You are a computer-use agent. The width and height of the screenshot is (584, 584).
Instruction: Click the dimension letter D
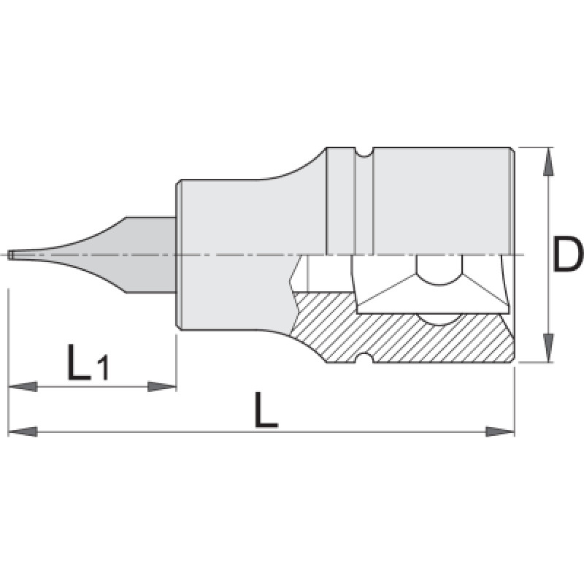[x=568, y=255]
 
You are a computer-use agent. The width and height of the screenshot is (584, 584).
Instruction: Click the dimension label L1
[x=88, y=362]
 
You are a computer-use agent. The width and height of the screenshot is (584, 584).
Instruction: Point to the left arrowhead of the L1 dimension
[x=23, y=386]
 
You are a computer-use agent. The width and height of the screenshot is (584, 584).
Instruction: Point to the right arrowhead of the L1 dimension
[x=162, y=386]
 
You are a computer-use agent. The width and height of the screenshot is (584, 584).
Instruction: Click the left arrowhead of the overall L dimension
[x=23, y=431]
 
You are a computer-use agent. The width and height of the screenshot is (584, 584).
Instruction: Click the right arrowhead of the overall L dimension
[x=500, y=431]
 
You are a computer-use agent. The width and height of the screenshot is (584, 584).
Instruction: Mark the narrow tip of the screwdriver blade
[x=10, y=255]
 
